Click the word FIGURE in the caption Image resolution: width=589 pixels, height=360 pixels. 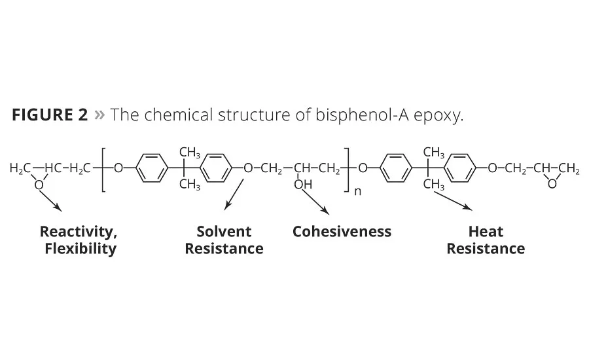click(43, 115)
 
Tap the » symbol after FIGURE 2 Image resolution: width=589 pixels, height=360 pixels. click(99, 115)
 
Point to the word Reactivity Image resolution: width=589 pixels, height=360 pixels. click(79, 232)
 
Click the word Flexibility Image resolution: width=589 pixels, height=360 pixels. click(80, 249)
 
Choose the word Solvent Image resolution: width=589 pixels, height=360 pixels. click(224, 232)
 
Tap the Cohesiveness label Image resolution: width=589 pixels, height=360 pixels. click(342, 232)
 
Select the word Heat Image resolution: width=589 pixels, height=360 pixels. click(486, 232)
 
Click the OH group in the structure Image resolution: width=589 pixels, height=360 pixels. click(303, 185)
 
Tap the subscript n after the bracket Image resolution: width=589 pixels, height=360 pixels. click(357, 192)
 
